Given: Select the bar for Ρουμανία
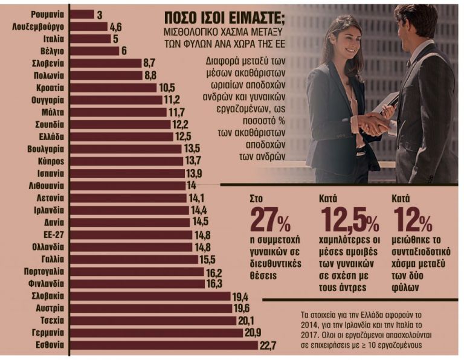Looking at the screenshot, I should coord(83,14).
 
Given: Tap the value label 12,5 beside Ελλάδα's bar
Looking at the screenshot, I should coord(183,137).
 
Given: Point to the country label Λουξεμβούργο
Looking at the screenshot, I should coord(38,27).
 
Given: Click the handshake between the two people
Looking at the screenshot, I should coord(375,123).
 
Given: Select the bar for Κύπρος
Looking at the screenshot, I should coord(126,161).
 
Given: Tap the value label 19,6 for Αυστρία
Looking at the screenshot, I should coord(243,309).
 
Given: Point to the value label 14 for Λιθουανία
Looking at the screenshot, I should coord(192,185).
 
